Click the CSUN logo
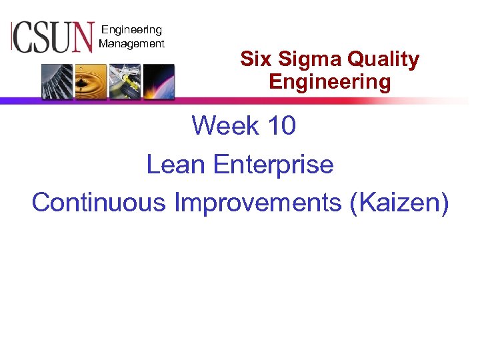coord(52,37)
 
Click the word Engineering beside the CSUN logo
coord(131,30)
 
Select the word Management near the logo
coord(131,44)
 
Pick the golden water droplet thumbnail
coord(91,81)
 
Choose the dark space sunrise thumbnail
coord(158,81)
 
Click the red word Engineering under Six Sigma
coord(329,83)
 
